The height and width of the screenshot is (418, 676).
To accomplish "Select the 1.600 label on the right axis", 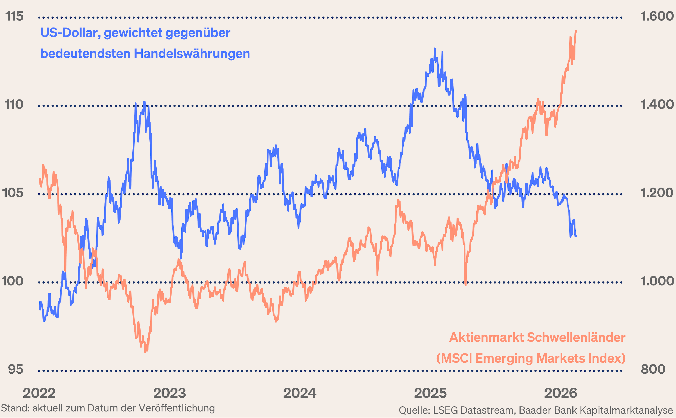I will click(x=657, y=16).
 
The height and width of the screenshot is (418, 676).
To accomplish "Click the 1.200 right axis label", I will click(x=657, y=193).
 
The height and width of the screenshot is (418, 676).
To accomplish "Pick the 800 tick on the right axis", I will click(x=653, y=369).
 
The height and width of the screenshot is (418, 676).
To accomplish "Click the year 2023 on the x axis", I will click(x=170, y=393).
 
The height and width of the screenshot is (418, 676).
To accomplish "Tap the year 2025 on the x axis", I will click(x=430, y=393).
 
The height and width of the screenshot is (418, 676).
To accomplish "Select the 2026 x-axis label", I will click(x=561, y=393).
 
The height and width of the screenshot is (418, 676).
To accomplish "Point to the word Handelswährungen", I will click(x=192, y=54).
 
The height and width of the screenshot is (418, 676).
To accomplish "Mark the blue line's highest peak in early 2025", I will click(x=435, y=49).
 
